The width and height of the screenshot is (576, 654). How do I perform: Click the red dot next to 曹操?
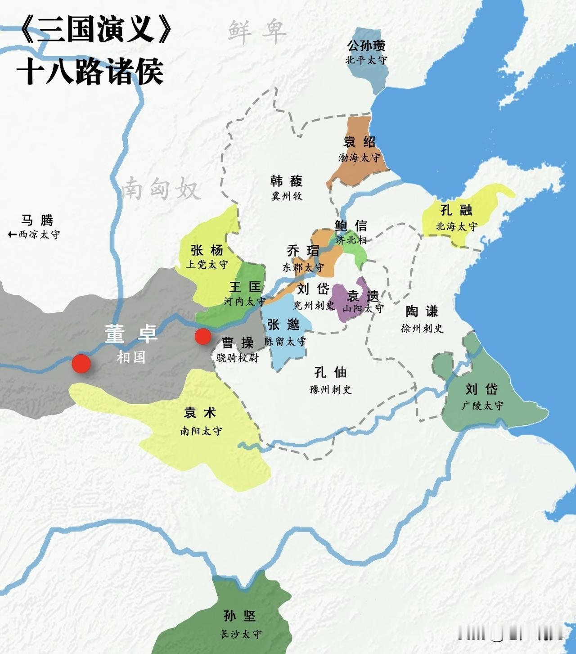(203, 336)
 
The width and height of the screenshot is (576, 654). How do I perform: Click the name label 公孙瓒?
(366, 45)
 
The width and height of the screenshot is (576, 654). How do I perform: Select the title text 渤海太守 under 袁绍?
(359, 158)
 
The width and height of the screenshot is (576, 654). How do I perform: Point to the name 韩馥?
(287, 181)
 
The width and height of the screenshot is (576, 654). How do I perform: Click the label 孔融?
(456, 210)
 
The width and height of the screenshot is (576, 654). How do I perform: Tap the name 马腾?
(37, 220)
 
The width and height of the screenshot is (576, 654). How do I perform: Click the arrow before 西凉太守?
(13, 235)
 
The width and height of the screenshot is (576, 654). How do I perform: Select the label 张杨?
(207, 250)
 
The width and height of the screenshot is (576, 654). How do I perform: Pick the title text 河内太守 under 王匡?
(244, 302)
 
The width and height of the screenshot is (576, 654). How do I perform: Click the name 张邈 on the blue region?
(283, 325)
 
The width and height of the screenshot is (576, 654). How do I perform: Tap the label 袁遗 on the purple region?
(363, 296)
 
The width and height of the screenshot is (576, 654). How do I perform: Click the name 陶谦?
(422, 311)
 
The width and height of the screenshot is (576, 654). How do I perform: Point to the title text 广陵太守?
(482, 406)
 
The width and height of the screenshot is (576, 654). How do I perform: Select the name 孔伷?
(330, 372)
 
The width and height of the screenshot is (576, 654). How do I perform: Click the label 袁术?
(200, 413)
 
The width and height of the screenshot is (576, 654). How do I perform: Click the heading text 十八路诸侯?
(90, 72)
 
